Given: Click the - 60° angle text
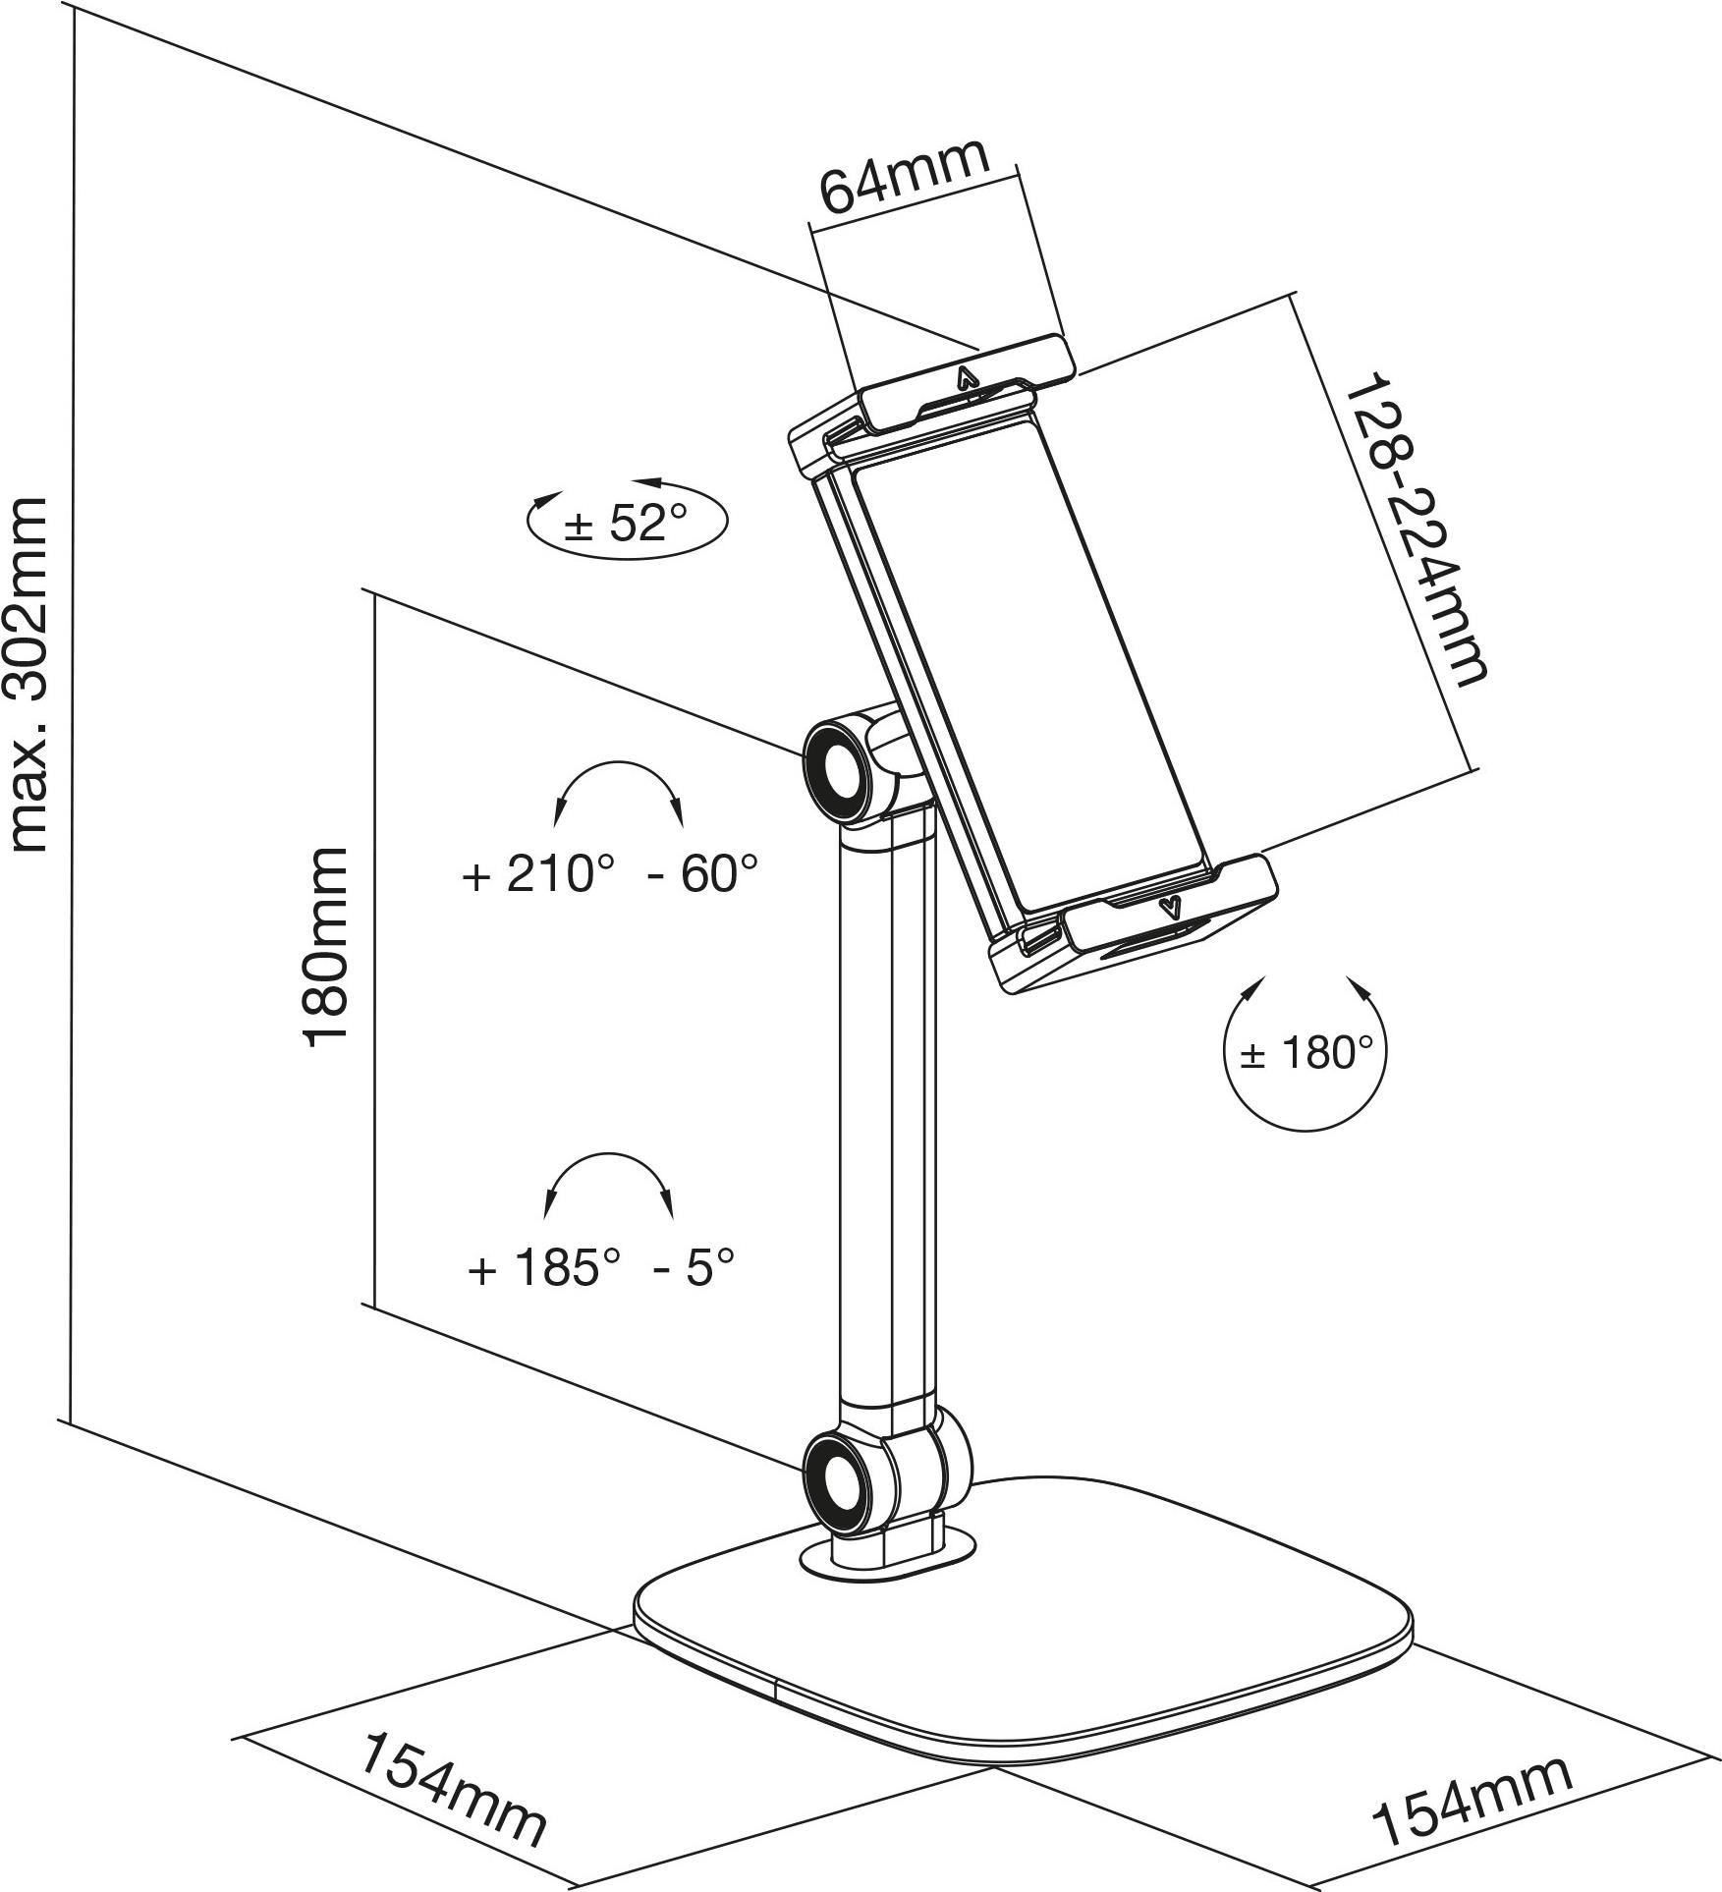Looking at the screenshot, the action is tap(703, 873).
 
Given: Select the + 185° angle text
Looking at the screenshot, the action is tap(545, 1267).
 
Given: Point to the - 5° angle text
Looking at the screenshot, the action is tap(694, 1267).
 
